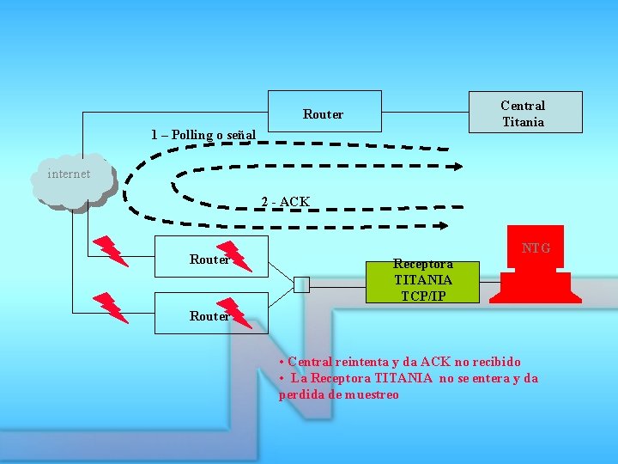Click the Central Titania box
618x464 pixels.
pos(524,113)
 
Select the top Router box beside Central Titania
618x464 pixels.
pos(324,113)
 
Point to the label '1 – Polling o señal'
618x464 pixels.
pos(203,135)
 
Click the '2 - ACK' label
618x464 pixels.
pos(286,202)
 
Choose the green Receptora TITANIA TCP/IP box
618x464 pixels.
pos(421,279)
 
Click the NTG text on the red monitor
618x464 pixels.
pos(536,248)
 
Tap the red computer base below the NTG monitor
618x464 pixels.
pos(536,287)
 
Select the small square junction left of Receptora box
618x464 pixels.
pos(301,284)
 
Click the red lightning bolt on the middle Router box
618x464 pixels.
pos(234,255)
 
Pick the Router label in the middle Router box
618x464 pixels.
pos(209,259)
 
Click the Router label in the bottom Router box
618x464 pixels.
pos(209,316)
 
